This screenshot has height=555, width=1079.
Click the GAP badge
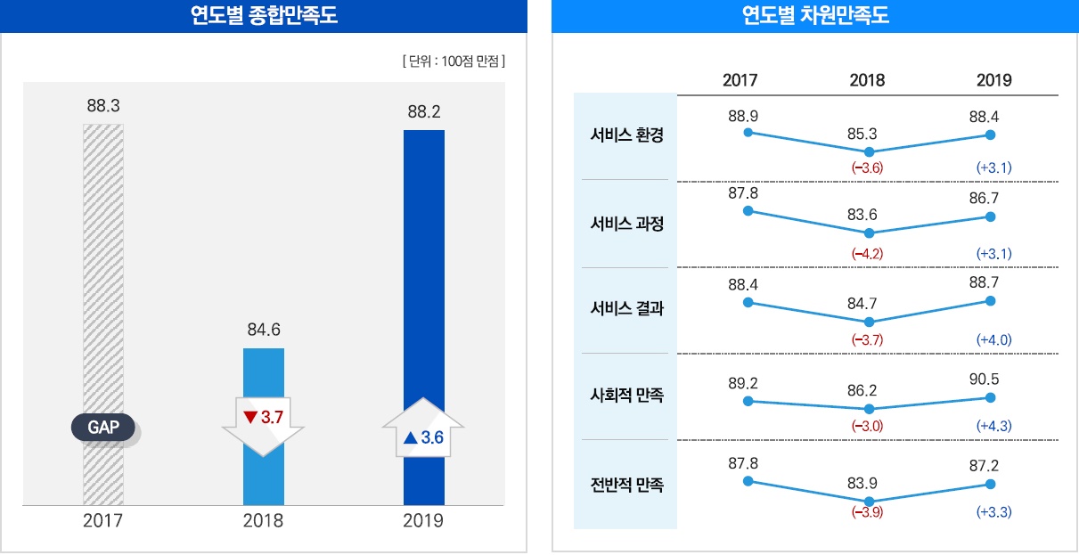pos(102,428)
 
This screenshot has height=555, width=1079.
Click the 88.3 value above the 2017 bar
pos(103,106)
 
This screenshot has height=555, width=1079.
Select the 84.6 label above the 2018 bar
pos(264,331)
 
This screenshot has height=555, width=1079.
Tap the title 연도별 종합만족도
pos(265,15)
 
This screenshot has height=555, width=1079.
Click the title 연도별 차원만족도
pos(815,15)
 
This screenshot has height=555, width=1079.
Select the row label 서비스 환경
pos(627,136)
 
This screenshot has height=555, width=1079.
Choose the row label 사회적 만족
pos(627,395)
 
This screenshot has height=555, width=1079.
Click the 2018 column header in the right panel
pos(867,80)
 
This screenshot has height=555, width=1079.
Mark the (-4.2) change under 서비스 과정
pos(867,254)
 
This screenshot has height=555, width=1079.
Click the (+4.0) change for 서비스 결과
pos(993,339)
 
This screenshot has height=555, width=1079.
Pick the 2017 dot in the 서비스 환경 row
pos(748,132)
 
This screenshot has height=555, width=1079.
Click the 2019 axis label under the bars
pos(424,521)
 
